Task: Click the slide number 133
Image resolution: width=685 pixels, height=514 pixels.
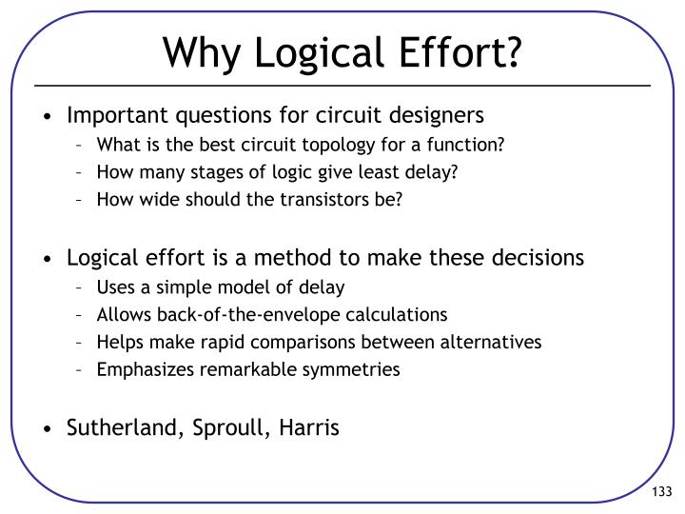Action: point(661,490)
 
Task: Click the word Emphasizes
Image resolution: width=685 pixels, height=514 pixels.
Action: point(137,369)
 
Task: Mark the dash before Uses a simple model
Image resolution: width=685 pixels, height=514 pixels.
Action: point(83,287)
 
